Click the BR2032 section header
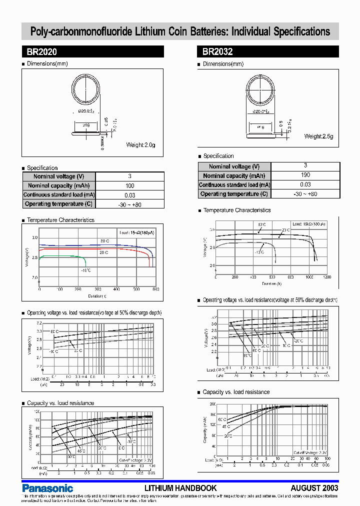[x=217, y=51]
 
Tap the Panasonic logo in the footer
[x=48, y=488]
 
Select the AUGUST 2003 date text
[x=314, y=488]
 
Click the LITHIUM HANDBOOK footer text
[x=180, y=488]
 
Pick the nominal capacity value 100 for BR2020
[x=129, y=185]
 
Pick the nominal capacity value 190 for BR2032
[x=305, y=175]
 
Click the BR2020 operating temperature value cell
[x=129, y=204]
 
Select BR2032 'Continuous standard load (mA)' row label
[x=234, y=185]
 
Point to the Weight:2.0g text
[x=140, y=145]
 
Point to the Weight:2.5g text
[x=319, y=136]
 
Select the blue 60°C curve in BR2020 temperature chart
[x=90, y=245]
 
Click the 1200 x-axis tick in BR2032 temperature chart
[x=327, y=276]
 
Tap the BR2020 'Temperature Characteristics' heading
[x=60, y=220]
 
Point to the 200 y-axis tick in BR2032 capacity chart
[x=212, y=404]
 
